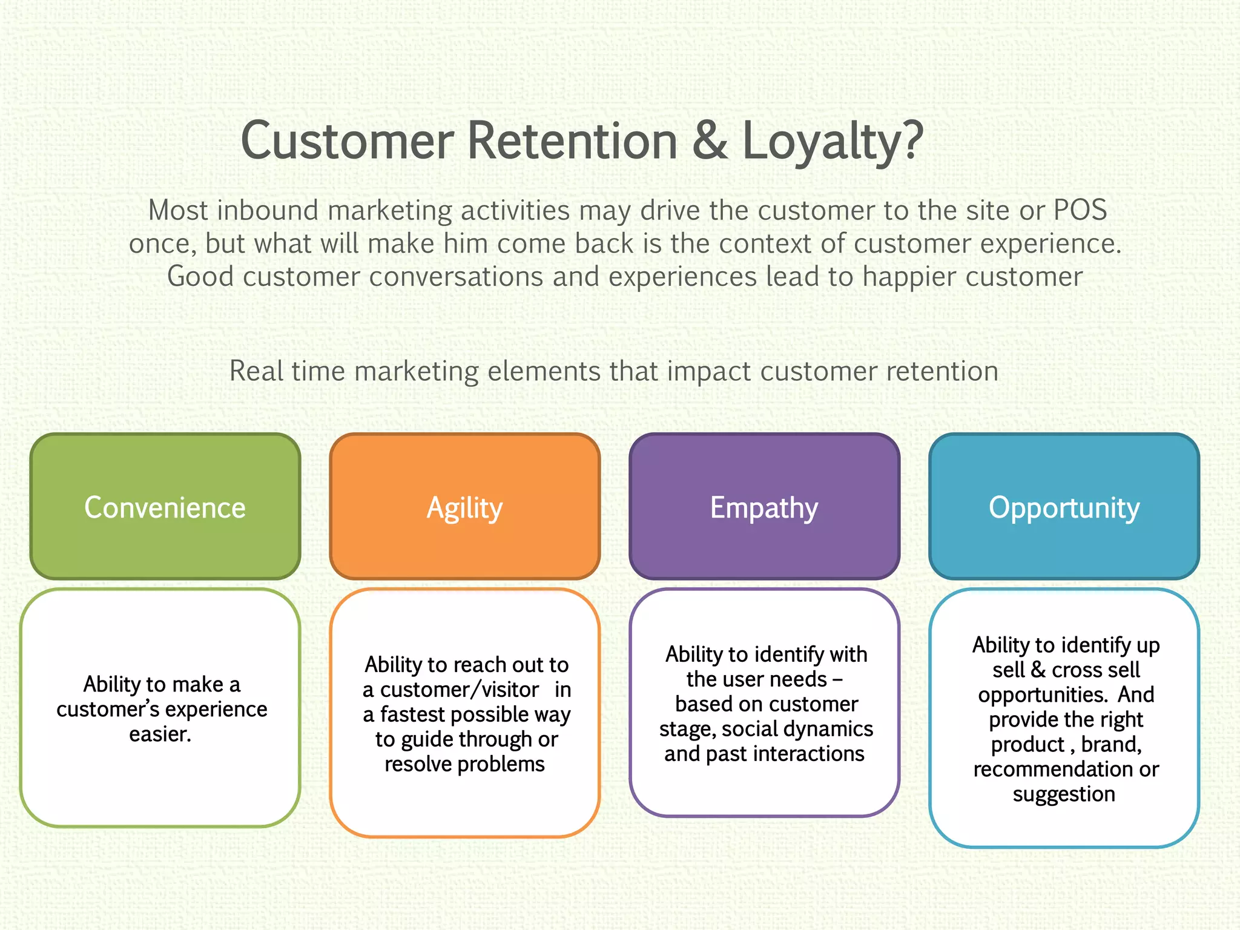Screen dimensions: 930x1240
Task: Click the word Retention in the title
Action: tap(572, 140)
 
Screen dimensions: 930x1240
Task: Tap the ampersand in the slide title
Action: tap(710, 140)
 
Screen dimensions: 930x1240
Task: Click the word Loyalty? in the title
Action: tap(832, 140)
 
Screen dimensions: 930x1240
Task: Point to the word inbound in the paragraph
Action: tap(268, 210)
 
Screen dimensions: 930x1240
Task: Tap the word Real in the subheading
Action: tap(256, 371)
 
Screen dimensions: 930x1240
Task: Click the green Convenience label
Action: tap(165, 507)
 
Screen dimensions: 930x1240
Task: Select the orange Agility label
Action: tap(464, 507)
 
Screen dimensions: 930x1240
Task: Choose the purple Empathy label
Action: tap(764, 507)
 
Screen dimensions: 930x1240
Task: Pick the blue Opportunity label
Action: tap(1064, 507)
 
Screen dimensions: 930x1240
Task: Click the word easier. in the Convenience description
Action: tap(160, 734)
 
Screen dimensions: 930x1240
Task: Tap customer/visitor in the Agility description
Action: tap(459, 690)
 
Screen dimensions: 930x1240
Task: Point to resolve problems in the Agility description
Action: tap(464, 764)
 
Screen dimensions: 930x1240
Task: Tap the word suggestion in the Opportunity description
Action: tap(1064, 794)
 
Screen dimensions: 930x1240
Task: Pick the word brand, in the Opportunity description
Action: tap(1111, 744)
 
